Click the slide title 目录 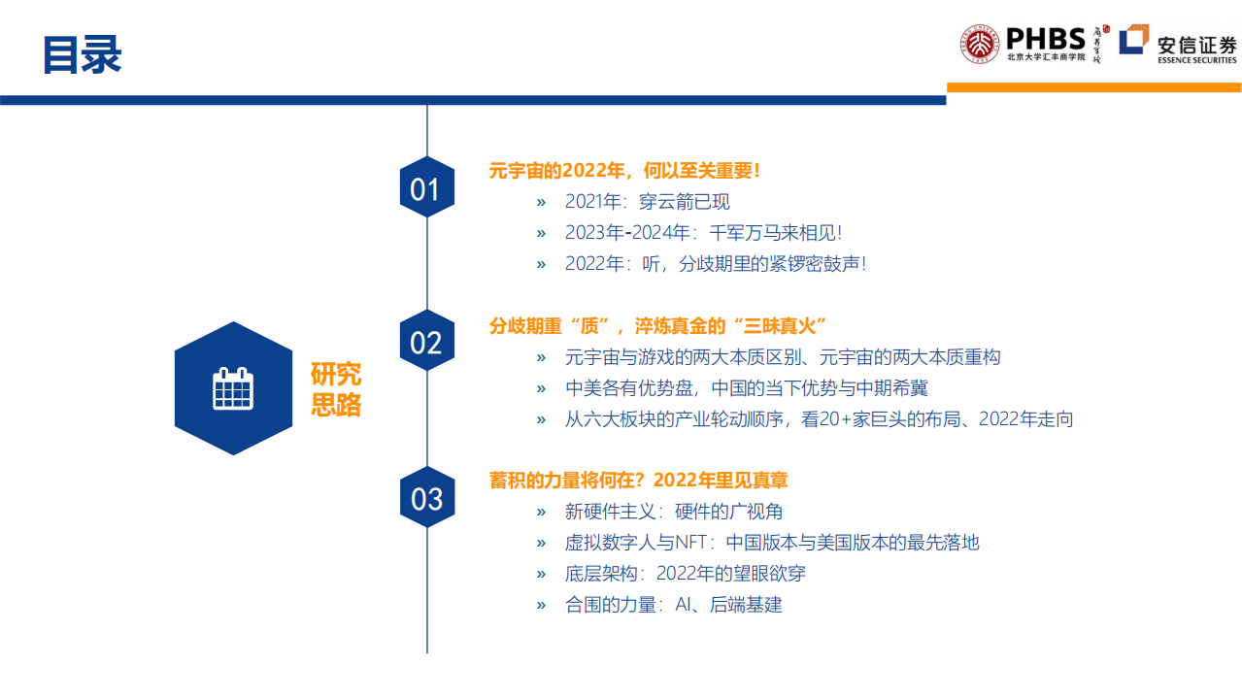coord(82,55)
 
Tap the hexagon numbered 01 coord(426,188)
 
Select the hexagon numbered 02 coord(426,342)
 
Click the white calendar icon coord(232,388)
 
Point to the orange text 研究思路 coord(336,388)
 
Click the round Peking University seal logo coord(980,45)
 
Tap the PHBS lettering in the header coord(1045,38)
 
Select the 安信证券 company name coord(1196,44)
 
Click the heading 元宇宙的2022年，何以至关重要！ coord(624,171)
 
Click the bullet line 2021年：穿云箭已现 coord(647,202)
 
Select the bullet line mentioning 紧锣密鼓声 coord(715,264)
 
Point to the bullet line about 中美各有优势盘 coord(746,388)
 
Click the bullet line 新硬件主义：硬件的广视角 coord(673,512)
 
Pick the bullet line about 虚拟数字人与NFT coord(772,543)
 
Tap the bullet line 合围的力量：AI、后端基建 coord(673,605)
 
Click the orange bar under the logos coord(1093,87)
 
